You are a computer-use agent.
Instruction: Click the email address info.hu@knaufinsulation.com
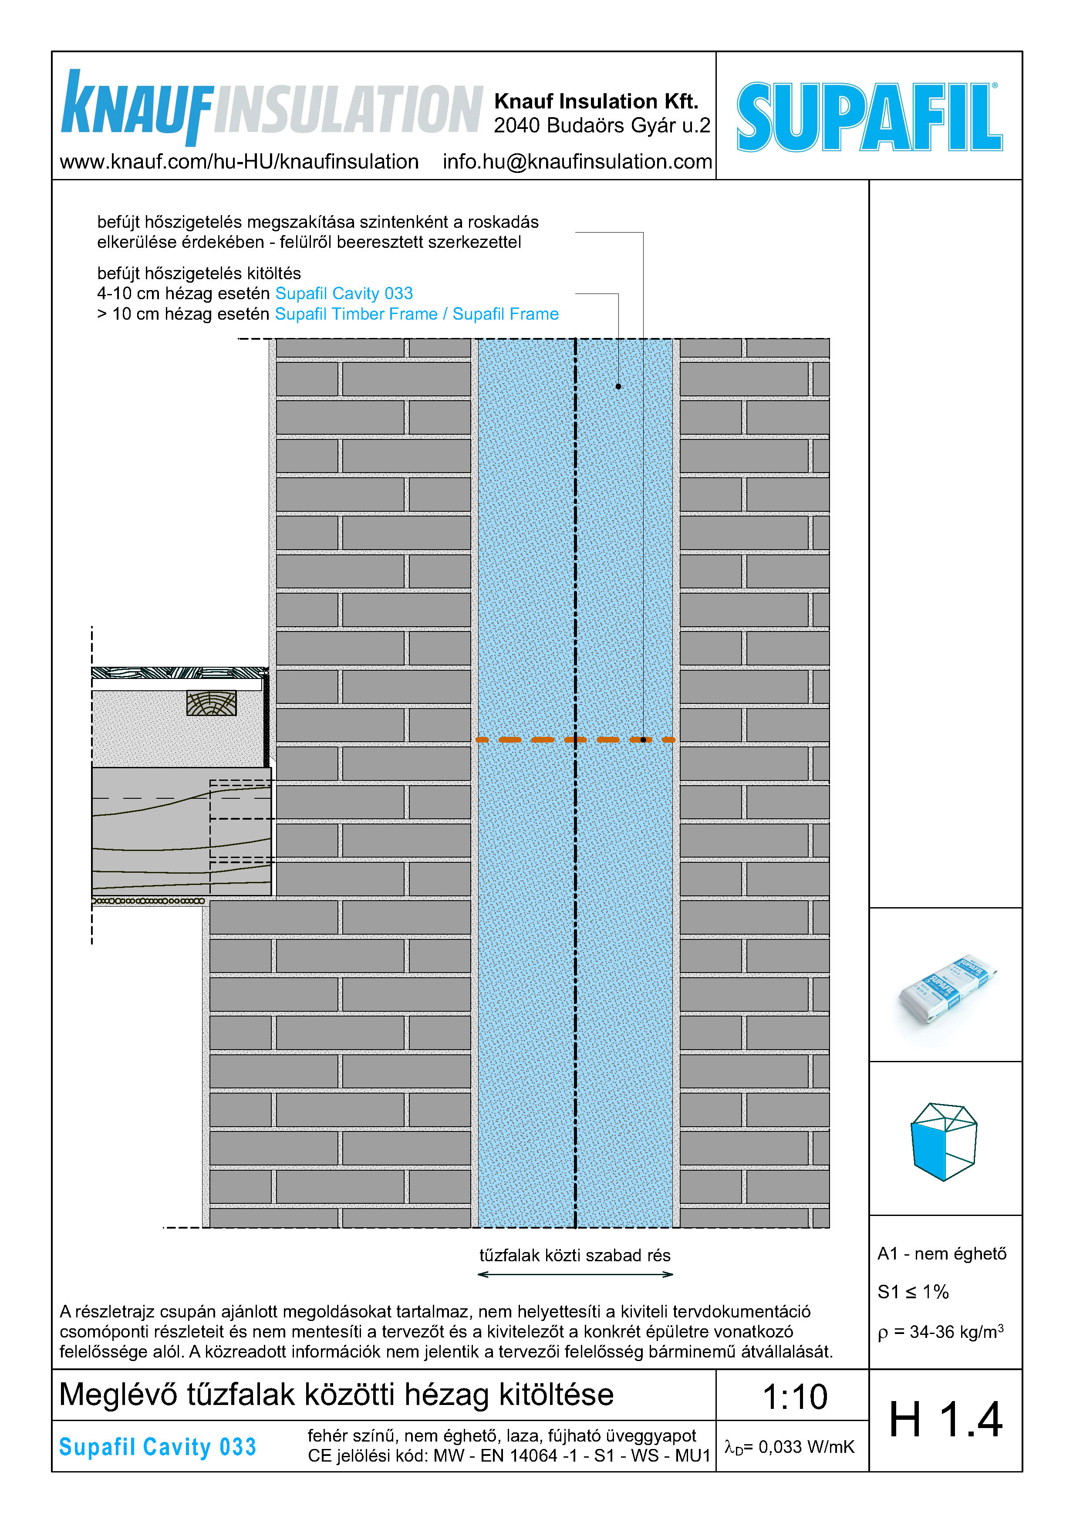coord(577,162)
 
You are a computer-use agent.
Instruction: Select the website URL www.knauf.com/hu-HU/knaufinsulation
coord(239,162)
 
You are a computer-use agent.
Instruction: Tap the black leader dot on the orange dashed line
coord(643,739)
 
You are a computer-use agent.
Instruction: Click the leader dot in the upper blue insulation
coord(618,386)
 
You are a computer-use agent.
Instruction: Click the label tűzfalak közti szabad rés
coord(574,1255)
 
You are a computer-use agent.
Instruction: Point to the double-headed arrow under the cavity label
coord(574,1274)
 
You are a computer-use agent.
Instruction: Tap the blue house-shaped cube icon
coord(944,1141)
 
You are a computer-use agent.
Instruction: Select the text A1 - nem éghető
coord(941,1254)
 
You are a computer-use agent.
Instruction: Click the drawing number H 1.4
coord(945,1420)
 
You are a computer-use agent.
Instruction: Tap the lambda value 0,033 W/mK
coord(789,1447)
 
